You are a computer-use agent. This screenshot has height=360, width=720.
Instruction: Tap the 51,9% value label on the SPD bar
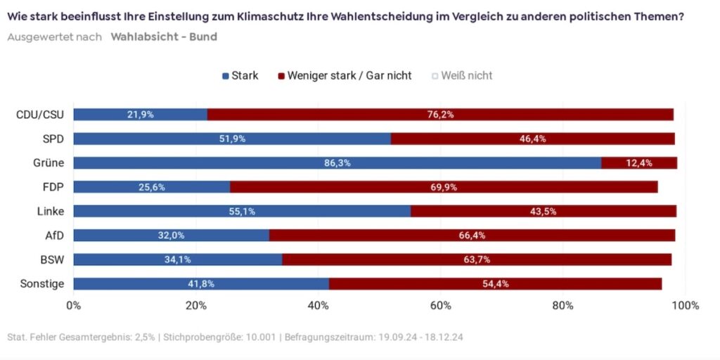[x=232, y=139]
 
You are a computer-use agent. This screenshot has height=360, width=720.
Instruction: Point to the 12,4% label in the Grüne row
[x=639, y=163]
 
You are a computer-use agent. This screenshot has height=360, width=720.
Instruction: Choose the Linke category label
[x=51, y=211]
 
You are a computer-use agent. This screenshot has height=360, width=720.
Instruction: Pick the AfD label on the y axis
[x=54, y=236]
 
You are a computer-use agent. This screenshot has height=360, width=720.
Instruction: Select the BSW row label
[x=52, y=259]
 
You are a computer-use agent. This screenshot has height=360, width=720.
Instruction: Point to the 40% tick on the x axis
[x=319, y=306]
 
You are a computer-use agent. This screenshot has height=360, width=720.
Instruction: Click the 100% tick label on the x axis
[x=685, y=306]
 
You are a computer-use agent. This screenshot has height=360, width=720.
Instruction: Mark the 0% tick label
[x=73, y=306]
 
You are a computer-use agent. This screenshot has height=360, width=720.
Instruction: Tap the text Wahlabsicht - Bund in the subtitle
[x=163, y=37]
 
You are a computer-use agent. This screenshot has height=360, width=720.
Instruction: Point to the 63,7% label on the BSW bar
[x=476, y=259]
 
